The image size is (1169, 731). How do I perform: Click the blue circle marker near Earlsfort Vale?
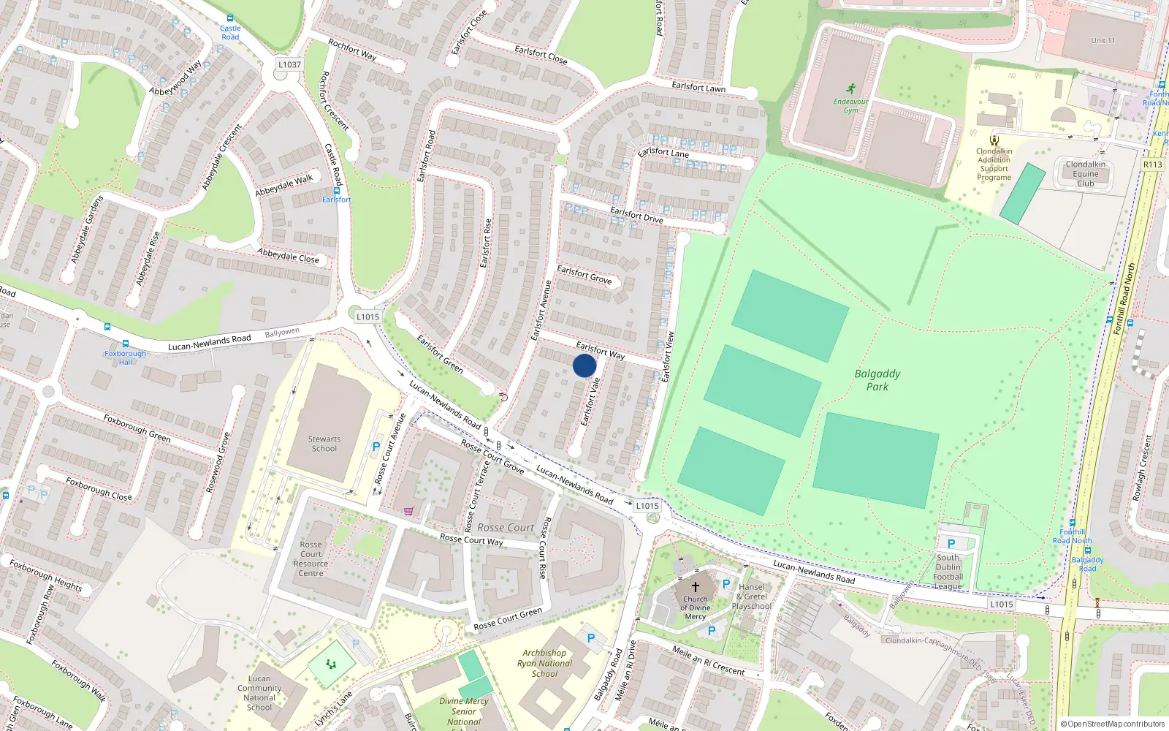click(x=584, y=365)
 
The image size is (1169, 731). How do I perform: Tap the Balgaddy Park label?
click(x=877, y=379)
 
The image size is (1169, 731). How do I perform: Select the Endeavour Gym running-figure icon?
click(x=851, y=89)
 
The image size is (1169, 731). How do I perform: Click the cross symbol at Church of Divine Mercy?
click(x=696, y=586)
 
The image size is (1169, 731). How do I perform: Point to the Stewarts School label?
click(x=324, y=444)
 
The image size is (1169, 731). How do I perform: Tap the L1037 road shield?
click(x=289, y=64)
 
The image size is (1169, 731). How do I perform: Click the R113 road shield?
click(x=1152, y=164)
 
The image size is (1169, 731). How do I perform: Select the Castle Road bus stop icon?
click(x=230, y=19)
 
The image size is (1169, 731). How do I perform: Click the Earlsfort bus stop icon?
click(x=336, y=191)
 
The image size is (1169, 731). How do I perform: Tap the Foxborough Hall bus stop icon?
click(x=126, y=344)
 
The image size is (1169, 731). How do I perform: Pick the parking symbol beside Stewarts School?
click(x=376, y=446)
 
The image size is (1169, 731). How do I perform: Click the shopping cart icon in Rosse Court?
click(x=408, y=510)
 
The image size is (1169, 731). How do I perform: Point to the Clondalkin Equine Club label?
click(x=1085, y=174)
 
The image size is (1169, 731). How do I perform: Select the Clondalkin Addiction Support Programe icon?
click(x=994, y=140)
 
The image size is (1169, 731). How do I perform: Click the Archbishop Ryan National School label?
click(x=544, y=663)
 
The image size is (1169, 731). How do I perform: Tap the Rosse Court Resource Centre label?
click(x=311, y=558)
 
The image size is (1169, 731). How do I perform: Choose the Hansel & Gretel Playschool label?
click(x=752, y=596)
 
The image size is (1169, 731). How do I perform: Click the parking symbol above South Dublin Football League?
click(x=951, y=544)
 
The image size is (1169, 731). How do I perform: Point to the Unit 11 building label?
click(x=1103, y=40)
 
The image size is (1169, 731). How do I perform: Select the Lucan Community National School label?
click(x=259, y=692)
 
